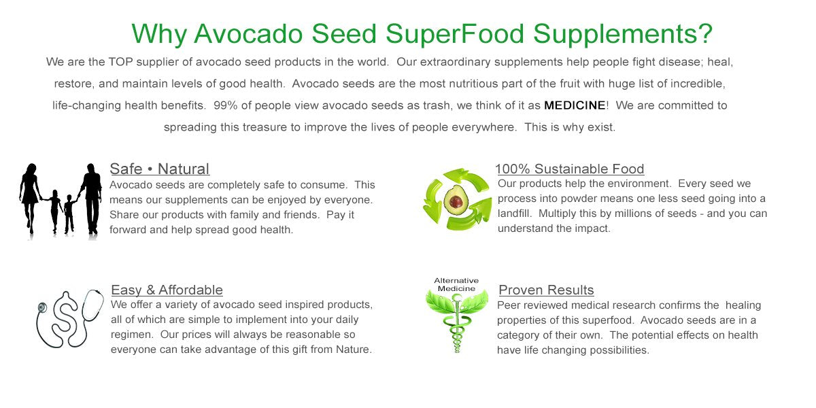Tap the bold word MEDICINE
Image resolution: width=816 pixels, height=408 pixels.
[575, 105]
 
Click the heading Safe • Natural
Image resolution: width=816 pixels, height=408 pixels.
[160, 169]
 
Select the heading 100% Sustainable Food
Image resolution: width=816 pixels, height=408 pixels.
[570, 169]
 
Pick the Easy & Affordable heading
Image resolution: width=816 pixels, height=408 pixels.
[167, 290]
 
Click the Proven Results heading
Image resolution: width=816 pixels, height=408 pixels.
[547, 290]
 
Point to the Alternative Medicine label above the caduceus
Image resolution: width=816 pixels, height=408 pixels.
[456, 284]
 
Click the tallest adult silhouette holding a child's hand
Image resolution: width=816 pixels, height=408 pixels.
[90, 197]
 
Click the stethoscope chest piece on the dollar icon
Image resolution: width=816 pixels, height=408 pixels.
[43, 307]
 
